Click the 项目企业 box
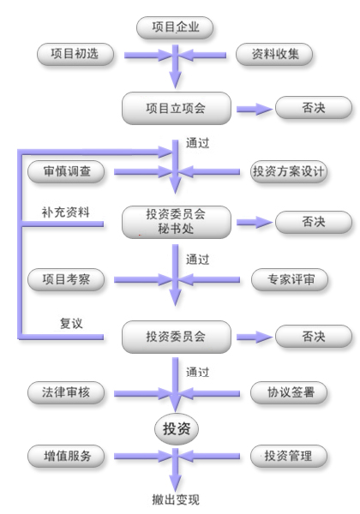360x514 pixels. (x=175, y=27)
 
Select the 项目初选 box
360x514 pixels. (x=75, y=54)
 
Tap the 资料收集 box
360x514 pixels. (x=274, y=54)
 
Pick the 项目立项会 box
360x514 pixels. (x=177, y=108)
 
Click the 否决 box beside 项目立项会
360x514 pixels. (x=314, y=108)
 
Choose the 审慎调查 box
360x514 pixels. (x=66, y=171)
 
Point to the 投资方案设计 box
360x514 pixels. (x=289, y=171)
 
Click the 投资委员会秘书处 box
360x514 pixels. (x=177, y=222)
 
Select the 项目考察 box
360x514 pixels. (x=66, y=279)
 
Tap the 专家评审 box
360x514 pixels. (x=290, y=279)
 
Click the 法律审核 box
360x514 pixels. (x=66, y=392)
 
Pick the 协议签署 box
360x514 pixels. (x=289, y=392)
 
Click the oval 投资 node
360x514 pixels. (x=177, y=429)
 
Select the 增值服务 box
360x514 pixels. (x=66, y=456)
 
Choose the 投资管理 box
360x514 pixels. (x=289, y=456)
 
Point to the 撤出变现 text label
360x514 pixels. (x=176, y=499)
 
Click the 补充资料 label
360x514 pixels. (x=66, y=212)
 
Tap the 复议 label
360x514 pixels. (x=71, y=323)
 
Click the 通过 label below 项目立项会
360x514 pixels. (x=198, y=143)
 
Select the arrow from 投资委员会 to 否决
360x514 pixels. (x=255, y=337)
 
